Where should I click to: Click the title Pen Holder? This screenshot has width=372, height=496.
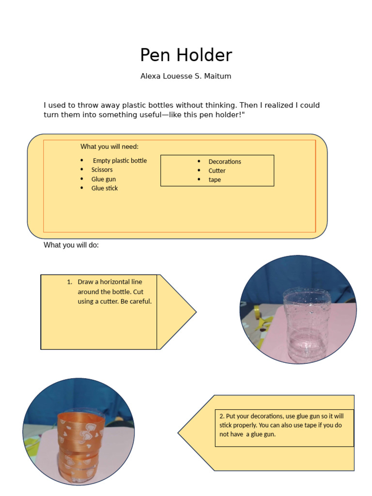(x=186, y=55)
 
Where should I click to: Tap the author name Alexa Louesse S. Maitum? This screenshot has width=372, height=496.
(x=186, y=76)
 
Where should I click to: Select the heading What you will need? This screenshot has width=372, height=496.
(x=109, y=146)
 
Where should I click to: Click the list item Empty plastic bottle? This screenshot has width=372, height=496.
(x=120, y=161)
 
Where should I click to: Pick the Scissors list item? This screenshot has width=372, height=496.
(x=102, y=170)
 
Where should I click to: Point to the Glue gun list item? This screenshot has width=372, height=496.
(x=104, y=179)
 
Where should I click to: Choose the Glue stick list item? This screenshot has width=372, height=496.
(x=105, y=188)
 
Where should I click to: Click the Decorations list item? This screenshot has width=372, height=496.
(x=225, y=162)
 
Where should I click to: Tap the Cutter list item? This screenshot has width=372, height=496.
(x=217, y=171)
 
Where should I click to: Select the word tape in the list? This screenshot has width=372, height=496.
(x=215, y=180)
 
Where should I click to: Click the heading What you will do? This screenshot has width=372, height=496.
(x=71, y=245)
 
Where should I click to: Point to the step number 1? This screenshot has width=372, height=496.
(x=70, y=282)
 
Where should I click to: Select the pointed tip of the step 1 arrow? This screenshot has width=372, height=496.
(x=196, y=312)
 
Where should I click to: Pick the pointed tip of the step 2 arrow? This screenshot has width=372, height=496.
(x=178, y=433)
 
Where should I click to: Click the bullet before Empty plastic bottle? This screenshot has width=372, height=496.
(x=82, y=161)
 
